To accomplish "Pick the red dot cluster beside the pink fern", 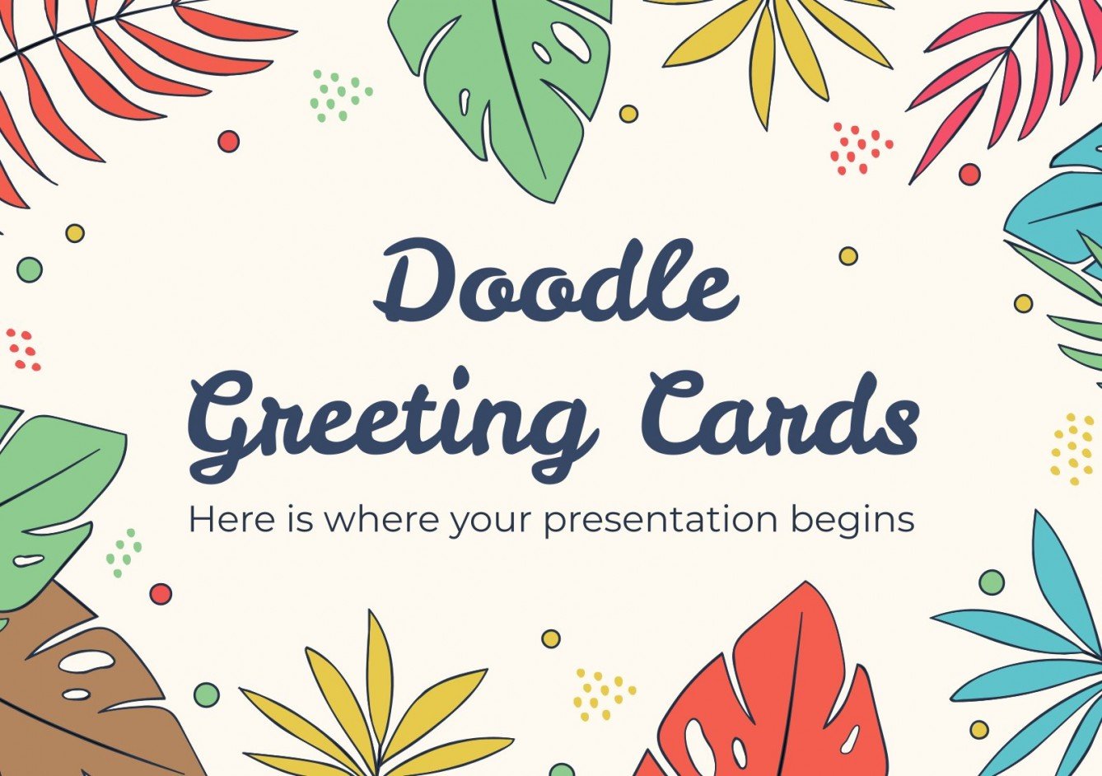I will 860,148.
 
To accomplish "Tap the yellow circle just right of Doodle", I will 848,255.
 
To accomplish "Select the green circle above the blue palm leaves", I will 992,582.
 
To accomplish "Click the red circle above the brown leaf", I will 161,594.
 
